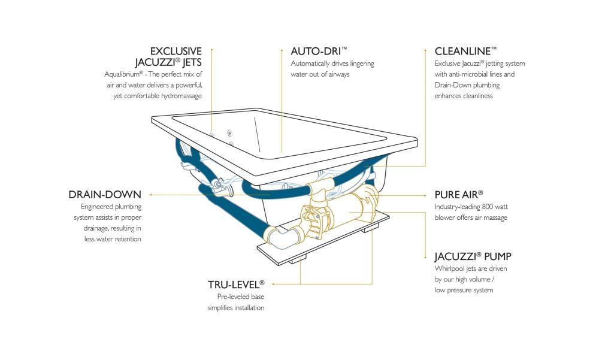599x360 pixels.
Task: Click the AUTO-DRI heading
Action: pyautogui.click(x=319, y=52)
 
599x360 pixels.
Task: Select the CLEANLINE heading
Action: pyautogui.click(x=465, y=52)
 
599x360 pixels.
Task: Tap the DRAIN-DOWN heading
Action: pyautogui.click(x=105, y=195)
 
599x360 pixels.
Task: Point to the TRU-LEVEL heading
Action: pyautogui.click(x=235, y=284)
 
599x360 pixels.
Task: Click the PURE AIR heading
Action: pyautogui.click(x=458, y=195)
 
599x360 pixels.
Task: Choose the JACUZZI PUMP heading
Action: pyautogui.click(x=473, y=257)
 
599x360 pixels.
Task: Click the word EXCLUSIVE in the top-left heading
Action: pyautogui.click(x=176, y=52)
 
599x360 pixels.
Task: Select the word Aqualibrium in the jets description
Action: pyautogui.click(x=123, y=74)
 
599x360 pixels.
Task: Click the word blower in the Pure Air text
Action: pyautogui.click(x=445, y=217)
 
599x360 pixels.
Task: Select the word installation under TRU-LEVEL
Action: pyautogui.click(x=247, y=308)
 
